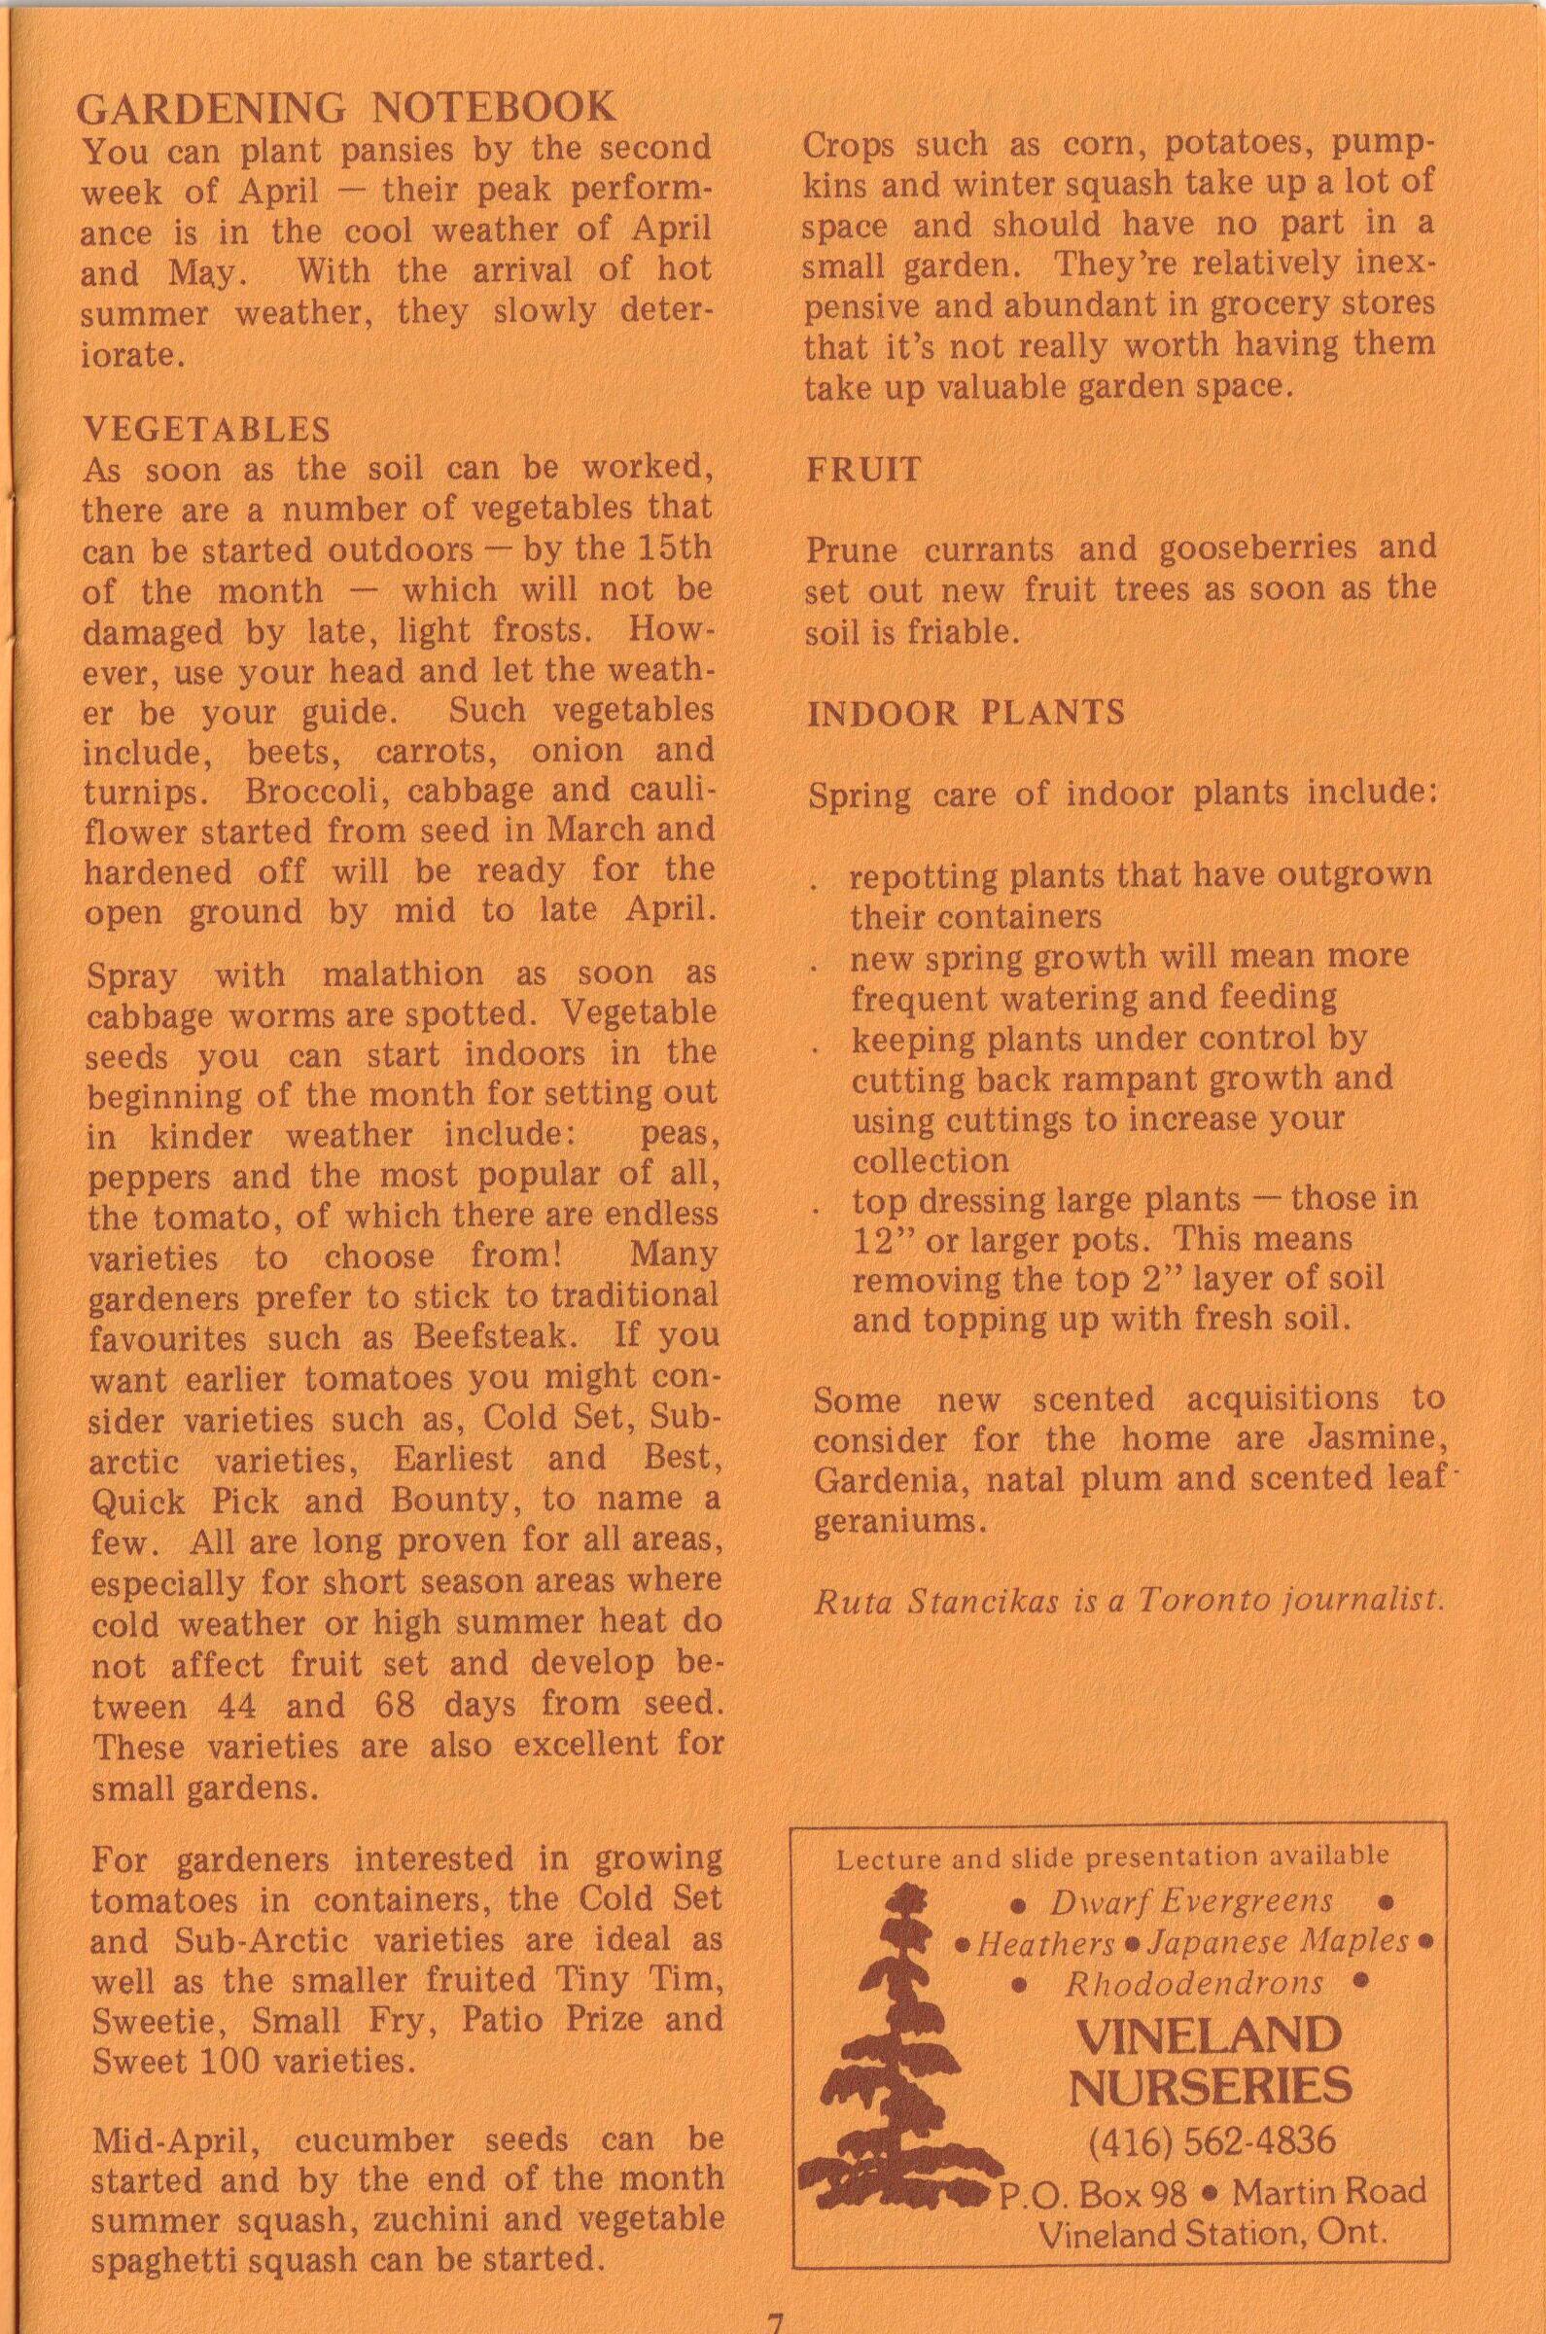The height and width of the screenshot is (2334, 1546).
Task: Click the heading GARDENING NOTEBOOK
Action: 346,107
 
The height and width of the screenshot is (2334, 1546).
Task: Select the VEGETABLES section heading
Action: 207,429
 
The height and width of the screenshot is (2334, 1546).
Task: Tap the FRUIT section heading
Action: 863,469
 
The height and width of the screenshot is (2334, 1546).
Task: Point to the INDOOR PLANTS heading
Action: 966,713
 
